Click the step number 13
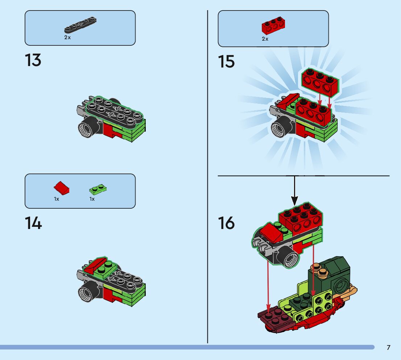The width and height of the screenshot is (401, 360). (33, 60)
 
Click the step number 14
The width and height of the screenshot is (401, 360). (33, 223)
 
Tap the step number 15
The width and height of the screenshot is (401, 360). (226, 62)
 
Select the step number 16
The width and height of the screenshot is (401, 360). (226, 223)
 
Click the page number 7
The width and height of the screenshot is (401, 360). (388, 348)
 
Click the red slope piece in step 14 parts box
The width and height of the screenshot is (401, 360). (61, 188)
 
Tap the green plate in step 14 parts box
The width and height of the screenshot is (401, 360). (98, 189)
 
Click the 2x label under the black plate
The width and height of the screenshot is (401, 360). (67, 38)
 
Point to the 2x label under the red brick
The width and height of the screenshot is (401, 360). (265, 39)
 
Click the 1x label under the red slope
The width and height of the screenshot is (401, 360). (57, 199)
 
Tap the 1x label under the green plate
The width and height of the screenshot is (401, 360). (92, 199)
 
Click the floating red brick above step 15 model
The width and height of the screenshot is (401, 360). (319, 82)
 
